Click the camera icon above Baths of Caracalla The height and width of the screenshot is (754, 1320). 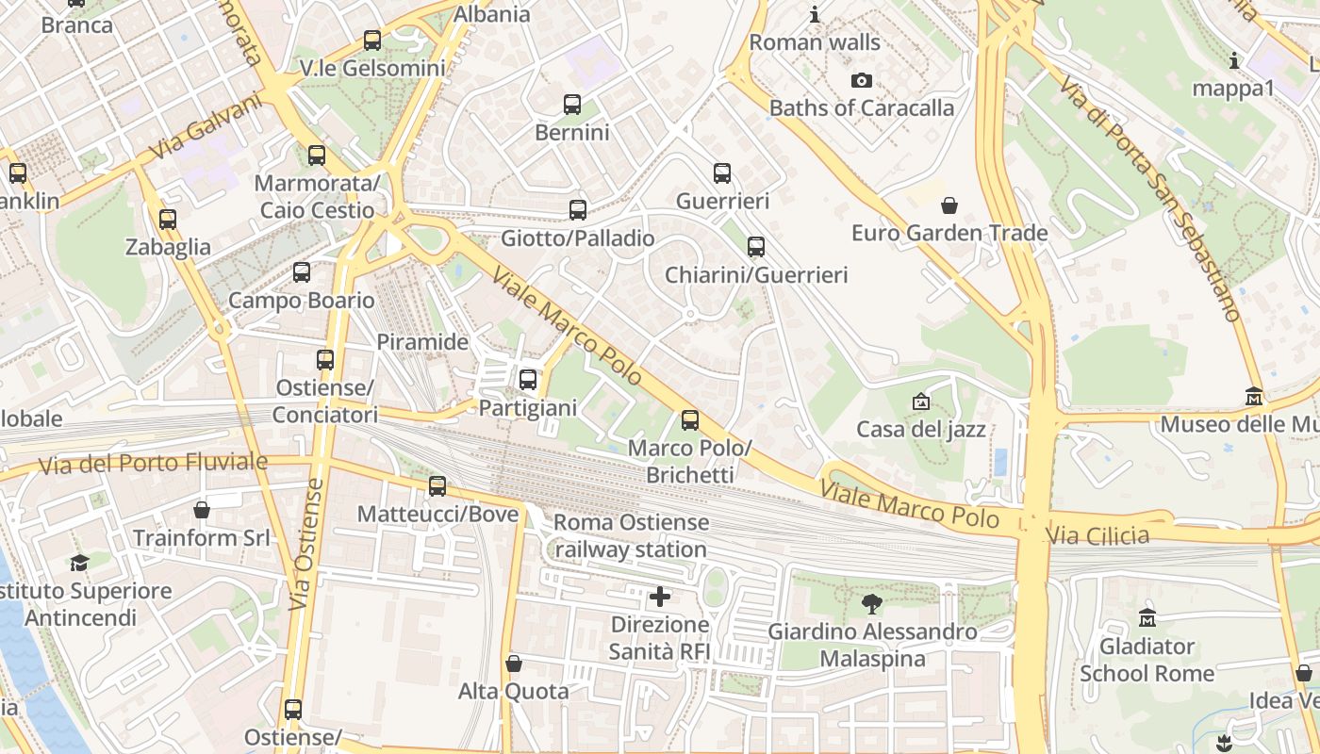tap(861, 81)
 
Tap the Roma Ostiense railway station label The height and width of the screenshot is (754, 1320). tap(631, 535)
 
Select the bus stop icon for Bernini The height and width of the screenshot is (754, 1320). tap(571, 105)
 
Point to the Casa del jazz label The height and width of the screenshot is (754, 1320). tap(920, 430)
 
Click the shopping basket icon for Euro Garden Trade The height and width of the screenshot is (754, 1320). tap(949, 205)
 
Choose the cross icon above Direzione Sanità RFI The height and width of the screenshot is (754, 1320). tap(660, 597)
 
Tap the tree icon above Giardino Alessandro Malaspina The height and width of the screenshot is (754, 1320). tap(872, 604)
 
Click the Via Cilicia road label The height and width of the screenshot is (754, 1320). tap(1098, 536)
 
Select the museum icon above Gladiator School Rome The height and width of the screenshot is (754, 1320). tap(1147, 618)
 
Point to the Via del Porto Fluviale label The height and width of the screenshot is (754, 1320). tap(153, 464)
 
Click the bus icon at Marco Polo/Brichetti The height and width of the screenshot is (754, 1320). tap(690, 420)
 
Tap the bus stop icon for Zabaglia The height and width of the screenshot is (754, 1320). tap(168, 220)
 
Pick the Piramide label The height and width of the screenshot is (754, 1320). tap(422, 342)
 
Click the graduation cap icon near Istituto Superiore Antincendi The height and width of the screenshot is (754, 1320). tap(80, 564)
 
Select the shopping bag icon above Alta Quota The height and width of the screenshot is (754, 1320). tap(514, 664)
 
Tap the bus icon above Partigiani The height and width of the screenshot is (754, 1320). tap(528, 380)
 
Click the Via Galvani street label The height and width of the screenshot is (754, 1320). tap(205, 126)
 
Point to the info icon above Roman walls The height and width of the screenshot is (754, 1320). tap(815, 15)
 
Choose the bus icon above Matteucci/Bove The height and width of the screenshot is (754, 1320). tap(437, 486)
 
